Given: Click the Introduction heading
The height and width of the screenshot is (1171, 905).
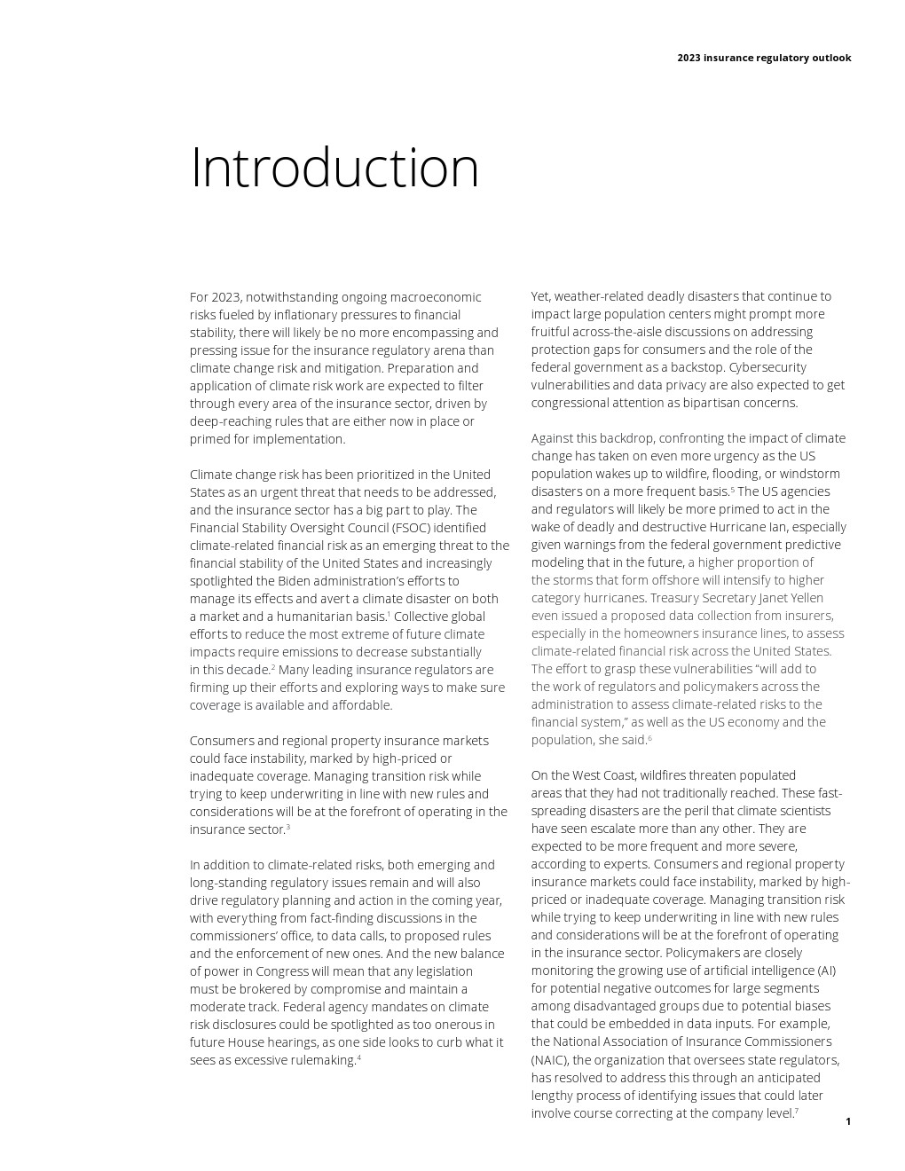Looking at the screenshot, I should coord(334,168).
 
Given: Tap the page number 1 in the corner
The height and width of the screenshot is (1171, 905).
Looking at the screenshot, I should coord(848,1121).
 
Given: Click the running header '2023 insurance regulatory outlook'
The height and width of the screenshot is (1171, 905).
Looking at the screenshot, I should coord(763,58).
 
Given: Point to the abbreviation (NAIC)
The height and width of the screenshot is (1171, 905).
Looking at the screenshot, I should coord(551,1060).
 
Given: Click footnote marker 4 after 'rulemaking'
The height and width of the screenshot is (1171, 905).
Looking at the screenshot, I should coord(358,1057).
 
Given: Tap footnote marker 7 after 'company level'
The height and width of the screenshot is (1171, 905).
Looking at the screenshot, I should coord(797,1110).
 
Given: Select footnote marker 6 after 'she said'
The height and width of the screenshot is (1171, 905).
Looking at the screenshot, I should coord(649,737).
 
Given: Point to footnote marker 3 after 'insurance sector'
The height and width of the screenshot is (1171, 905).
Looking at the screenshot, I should coord(288,826).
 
